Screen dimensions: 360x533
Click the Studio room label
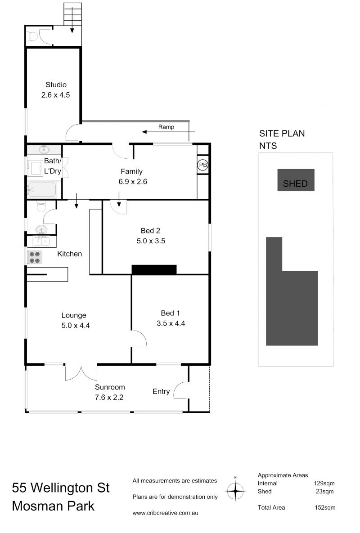coord(56,85)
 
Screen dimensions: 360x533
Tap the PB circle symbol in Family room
coord(202,165)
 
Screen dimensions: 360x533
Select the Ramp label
coord(166,127)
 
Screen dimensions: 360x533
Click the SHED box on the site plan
coord(296,180)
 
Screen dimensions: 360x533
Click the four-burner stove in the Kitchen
coord(34,257)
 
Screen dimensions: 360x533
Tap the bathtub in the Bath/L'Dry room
coord(42,190)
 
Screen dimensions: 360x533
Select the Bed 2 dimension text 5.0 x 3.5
coord(151,241)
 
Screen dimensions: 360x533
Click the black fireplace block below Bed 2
coord(154,269)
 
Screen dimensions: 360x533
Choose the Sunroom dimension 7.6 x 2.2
coord(109,397)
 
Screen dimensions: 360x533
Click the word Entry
coord(161,391)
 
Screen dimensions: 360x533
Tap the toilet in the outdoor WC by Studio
coord(33,36)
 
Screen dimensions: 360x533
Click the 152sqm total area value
coord(325,507)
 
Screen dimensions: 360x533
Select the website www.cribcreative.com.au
coord(165,513)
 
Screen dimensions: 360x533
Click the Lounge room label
coord(74,315)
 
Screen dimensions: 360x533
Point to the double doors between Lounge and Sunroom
coord(81,373)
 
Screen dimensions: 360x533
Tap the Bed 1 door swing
coord(140,338)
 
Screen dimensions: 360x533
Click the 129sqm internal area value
coord(324,484)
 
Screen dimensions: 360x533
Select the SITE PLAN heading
coord(282,134)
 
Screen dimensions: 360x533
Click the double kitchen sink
coord(41,241)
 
